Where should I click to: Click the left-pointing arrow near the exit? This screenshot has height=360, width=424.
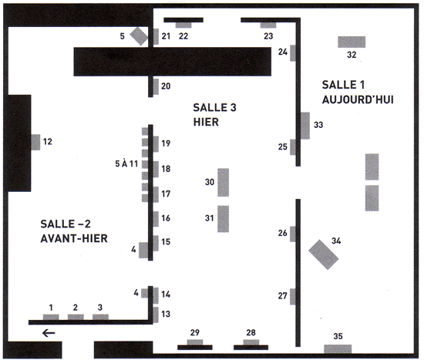(x=49, y=333)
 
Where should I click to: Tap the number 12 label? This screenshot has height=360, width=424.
(x=48, y=142)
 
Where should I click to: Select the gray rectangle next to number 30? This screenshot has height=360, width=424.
(x=224, y=182)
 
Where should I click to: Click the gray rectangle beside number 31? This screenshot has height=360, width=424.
(x=224, y=219)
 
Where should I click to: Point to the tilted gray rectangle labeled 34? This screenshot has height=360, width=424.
(x=324, y=254)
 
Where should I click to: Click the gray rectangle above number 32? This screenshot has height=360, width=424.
(x=352, y=42)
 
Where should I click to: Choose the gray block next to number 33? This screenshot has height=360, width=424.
(x=305, y=126)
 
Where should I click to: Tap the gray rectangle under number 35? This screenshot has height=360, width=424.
(x=338, y=348)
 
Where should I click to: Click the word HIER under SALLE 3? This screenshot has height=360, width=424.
(x=206, y=122)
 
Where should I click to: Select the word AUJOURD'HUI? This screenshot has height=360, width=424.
(x=358, y=99)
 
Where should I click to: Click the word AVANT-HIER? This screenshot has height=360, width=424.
(x=74, y=238)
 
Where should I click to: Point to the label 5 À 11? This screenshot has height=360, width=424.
(x=126, y=163)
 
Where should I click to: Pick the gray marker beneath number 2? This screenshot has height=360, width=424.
(x=76, y=317)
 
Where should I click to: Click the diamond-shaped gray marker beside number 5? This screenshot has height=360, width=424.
(x=139, y=36)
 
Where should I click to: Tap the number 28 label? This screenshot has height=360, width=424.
(x=251, y=332)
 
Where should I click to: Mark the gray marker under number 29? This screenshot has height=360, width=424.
(x=195, y=342)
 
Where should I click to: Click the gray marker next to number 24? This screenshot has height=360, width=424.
(x=293, y=53)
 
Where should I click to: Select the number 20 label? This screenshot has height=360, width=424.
(x=166, y=86)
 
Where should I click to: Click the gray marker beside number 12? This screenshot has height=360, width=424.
(x=35, y=143)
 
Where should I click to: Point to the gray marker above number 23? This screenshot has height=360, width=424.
(x=268, y=25)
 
